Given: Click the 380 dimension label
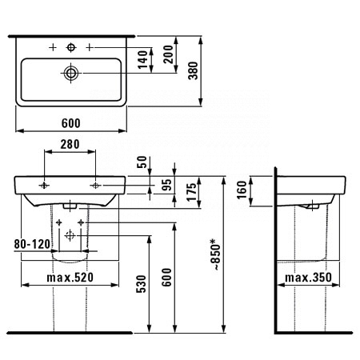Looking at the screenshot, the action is (194, 70).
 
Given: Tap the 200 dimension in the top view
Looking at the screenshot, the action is (168, 54).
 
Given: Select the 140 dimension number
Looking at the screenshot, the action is (143, 59).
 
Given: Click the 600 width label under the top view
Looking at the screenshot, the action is (71, 123).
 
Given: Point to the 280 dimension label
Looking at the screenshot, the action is (70, 144).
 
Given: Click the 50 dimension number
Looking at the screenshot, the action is (142, 162).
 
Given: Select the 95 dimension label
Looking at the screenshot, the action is (167, 185).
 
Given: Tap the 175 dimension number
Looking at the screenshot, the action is (191, 192).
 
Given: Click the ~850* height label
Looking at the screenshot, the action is (216, 255).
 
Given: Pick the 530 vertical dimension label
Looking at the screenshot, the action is (142, 284).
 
